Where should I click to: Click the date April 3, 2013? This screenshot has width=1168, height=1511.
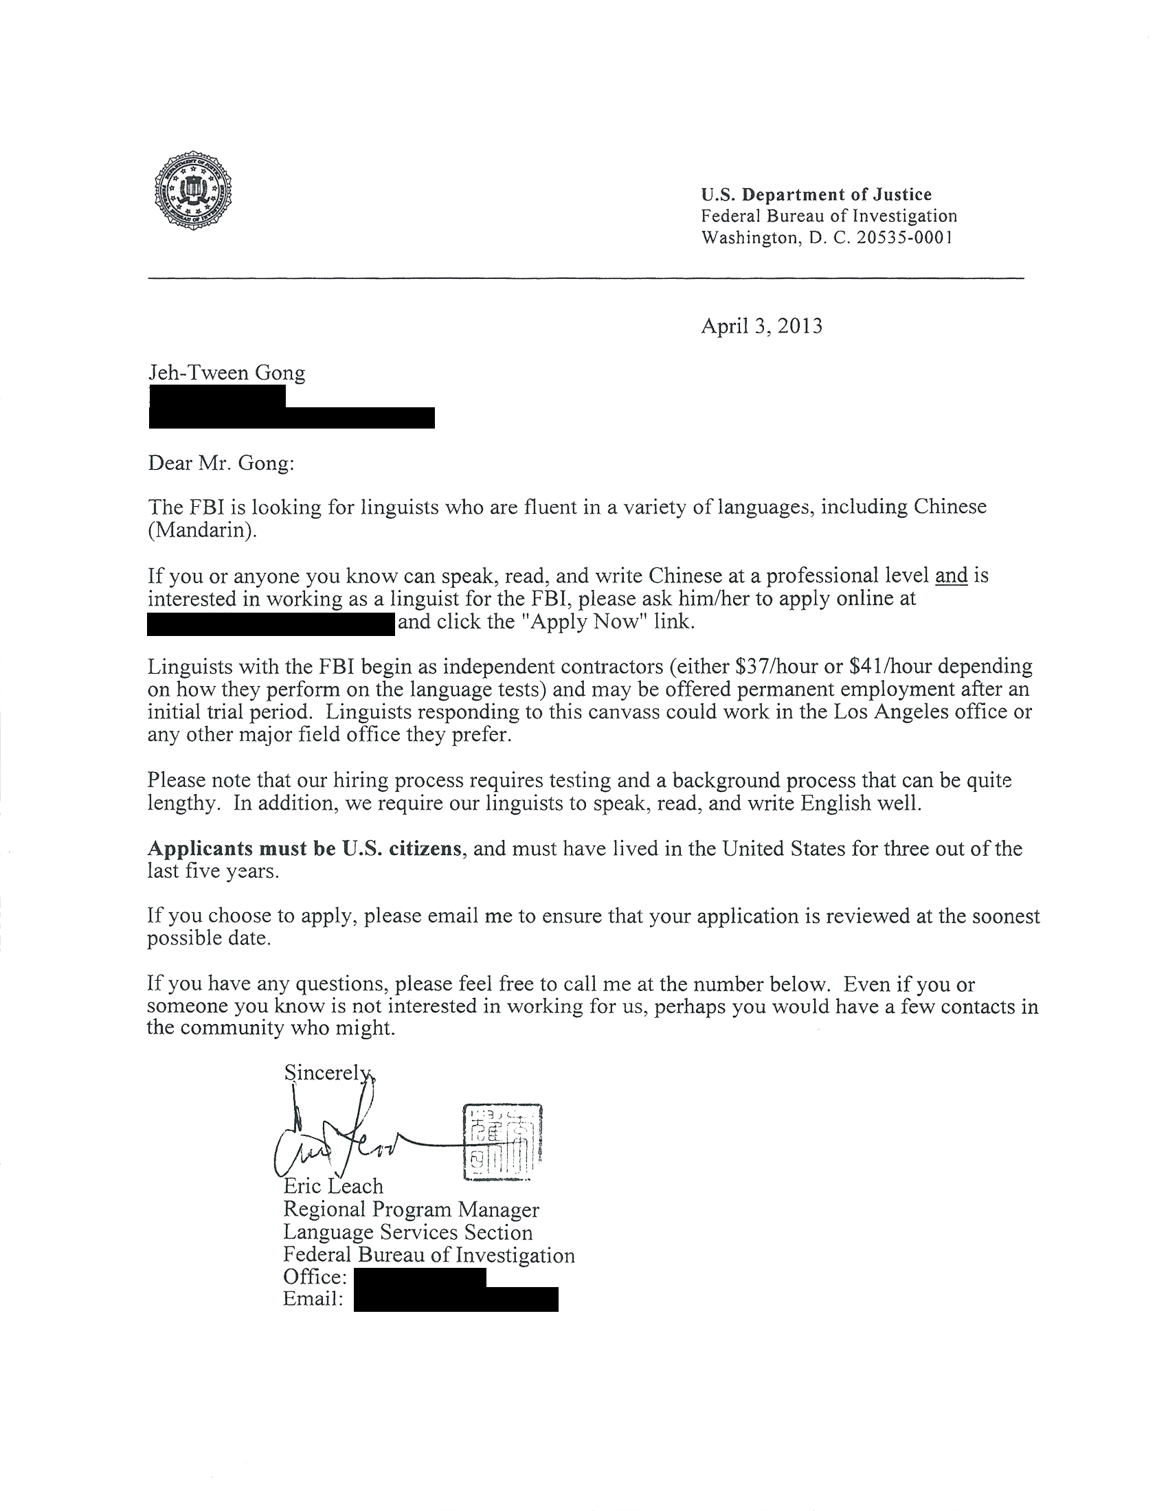tap(762, 326)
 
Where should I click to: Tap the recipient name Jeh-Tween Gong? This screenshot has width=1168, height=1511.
tap(227, 373)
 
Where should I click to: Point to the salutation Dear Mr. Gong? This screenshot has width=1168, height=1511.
tap(221, 463)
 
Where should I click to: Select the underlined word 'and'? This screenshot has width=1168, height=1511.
tap(952, 576)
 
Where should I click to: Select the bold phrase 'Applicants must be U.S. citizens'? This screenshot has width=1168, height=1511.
tap(304, 848)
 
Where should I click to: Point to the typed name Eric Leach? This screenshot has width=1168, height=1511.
tap(333, 1187)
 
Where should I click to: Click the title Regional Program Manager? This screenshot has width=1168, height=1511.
tap(411, 1209)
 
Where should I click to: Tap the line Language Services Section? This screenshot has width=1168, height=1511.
tap(408, 1232)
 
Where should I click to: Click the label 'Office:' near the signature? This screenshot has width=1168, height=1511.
tap(315, 1277)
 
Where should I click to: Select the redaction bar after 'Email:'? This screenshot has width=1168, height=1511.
tap(456, 1299)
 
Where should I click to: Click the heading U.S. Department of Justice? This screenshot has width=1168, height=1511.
tap(816, 194)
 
